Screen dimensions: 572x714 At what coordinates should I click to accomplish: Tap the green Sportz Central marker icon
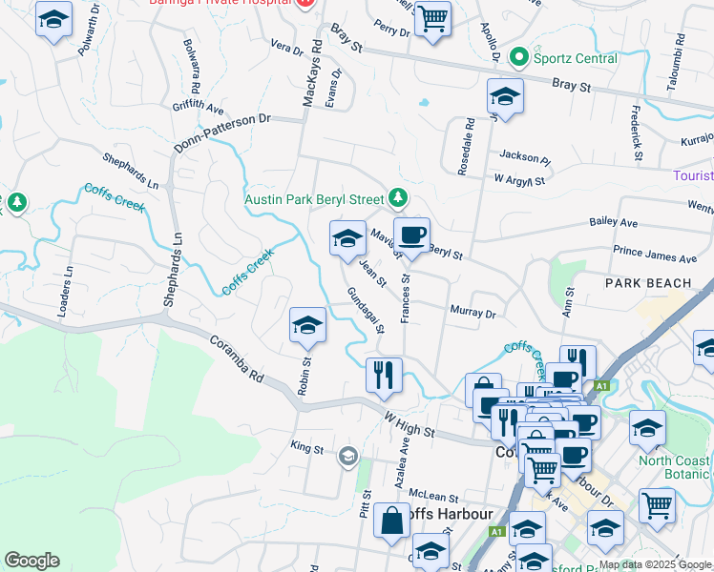[519, 58]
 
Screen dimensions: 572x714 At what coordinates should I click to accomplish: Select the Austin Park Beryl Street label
[314, 200]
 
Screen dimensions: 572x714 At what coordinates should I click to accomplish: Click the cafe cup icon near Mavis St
[412, 235]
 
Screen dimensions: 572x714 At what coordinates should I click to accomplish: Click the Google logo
[32, 561]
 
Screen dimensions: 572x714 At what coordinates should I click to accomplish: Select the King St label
[307, 446]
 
